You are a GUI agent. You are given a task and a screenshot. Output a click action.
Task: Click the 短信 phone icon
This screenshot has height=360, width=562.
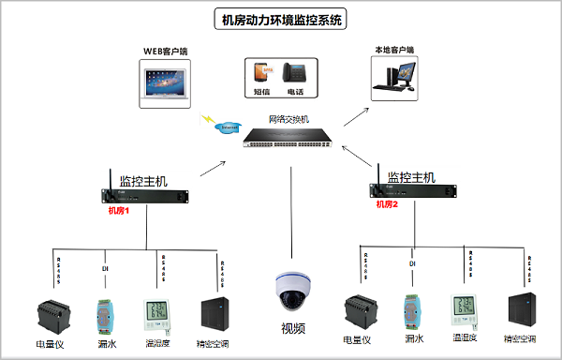click(x=261, y=73)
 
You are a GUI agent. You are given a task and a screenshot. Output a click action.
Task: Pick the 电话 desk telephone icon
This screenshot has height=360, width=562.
click(x=294, y=73)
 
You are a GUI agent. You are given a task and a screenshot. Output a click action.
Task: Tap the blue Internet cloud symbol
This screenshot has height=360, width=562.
click(x=227, y=126)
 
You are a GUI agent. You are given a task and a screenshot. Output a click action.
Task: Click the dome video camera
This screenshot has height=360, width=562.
click(x=293, y=292)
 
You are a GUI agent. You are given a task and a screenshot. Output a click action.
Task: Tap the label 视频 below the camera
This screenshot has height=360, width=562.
click(x=293, y=328)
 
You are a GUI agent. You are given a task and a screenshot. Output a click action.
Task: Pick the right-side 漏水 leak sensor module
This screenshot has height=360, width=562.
click(x=410, y=313)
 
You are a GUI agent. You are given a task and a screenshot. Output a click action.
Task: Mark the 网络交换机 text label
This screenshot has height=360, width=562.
click(x=288, y=119)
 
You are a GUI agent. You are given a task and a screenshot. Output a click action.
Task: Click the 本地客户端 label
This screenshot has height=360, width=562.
click(x=393, y=49)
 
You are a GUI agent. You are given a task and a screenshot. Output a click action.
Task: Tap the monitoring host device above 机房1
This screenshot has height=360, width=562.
click(x=145, y=194)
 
